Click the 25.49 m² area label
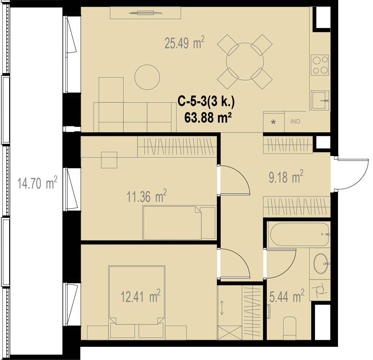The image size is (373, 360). pos(185,42)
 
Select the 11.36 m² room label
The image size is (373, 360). pos(146,196)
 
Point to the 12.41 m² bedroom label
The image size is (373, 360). pos(140,296)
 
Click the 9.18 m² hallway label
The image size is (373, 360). pos(286,176)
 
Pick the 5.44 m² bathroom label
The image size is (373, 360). pos(287,296)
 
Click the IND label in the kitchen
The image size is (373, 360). pos(295,121)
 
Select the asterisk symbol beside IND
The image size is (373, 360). pos(274,122)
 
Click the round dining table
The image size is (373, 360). pos(245,61)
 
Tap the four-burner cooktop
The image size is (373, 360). pos(320,65)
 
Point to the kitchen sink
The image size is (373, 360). pos(320,100)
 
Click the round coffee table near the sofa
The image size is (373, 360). pos(147,77)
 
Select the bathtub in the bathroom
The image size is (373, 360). pos(300,234)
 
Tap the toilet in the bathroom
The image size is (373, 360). pos(290,328)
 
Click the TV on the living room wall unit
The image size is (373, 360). pos(145,13)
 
